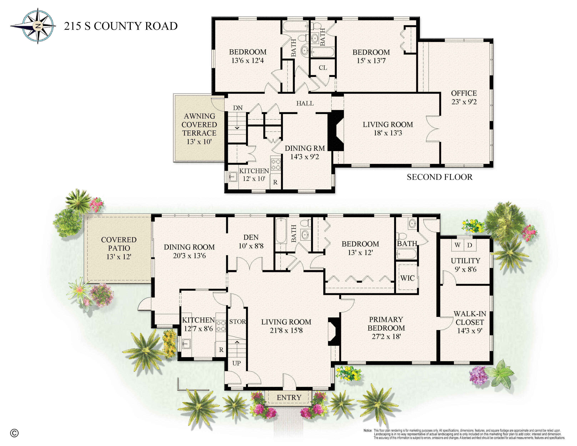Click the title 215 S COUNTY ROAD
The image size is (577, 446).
(x=121, y=26)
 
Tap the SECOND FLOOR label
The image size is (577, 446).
(x=439, y=177)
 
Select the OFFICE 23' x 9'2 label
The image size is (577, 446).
(x=464, y=97)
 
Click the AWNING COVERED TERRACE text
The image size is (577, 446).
(x=199, y=129)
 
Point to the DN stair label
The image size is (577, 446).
(x=238, y=108)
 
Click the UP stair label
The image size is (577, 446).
(x=236, y=363)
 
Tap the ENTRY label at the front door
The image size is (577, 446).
(x=289, y=397)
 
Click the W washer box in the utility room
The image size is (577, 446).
(x=457, y=245)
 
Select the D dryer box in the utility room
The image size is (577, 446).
(x=469, y=245)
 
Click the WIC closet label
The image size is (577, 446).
(x=407, y=278)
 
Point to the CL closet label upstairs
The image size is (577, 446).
(x=323, y=68)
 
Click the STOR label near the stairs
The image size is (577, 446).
(x=237, y=322)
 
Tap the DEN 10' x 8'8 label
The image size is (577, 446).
(x=251, y=241)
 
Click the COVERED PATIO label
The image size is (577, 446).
(x=119, y=248)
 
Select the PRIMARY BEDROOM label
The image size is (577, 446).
(x=386, y=328)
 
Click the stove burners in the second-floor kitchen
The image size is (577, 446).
(x=276, y=164)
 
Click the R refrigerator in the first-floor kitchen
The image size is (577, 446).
(x=221, y=350)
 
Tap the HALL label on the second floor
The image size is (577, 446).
(x=305, y=103)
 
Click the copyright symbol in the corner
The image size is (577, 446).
(x=14, y=433)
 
